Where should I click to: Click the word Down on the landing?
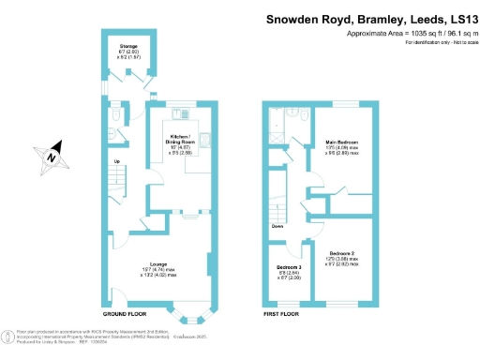click(x=277, y=226)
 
